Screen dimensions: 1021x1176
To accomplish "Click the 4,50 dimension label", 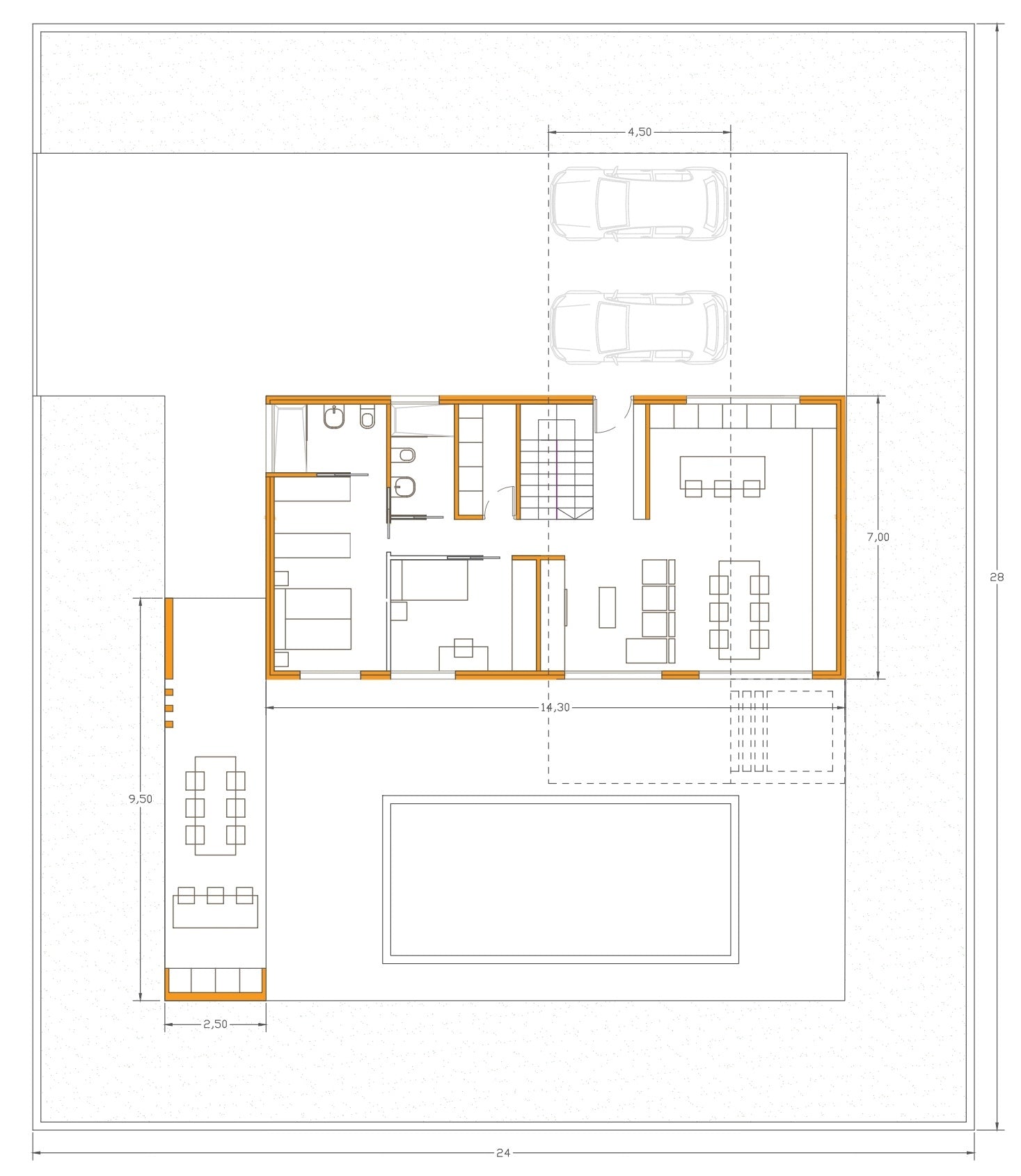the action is pyautogui.click(x=640, y=131).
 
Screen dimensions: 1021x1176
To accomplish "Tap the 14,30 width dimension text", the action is pyautogui.click(x=555, y=707).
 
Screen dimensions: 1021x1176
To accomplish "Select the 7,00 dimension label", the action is pyautogui.click(x=878, y=537).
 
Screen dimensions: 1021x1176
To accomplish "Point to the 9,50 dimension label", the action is pyautogui.click(x=141, y=799).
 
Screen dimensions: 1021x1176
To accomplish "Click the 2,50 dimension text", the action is pyautogui.click(x=216, y=1024).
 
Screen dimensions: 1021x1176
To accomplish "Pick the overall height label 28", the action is pyautogui.click(x=997, y=577).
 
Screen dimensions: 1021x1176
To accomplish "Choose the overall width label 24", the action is pyautogui.click(x=503, y=1152).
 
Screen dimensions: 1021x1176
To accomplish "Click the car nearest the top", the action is pyautogui.click(x=639, y=204).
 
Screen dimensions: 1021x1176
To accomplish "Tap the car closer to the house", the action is pyautogui.click(x=639, y=328).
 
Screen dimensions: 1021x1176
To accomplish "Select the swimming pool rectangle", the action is pyautogui.click(x=560, y=880).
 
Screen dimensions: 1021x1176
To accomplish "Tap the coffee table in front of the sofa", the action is pyautogui.click(x=607, y=607).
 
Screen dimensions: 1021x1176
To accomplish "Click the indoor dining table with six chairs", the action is pyautogui.click(x=739, y=610).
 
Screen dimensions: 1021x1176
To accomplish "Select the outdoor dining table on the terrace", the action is pyautogui.click(x=216, y=805).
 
